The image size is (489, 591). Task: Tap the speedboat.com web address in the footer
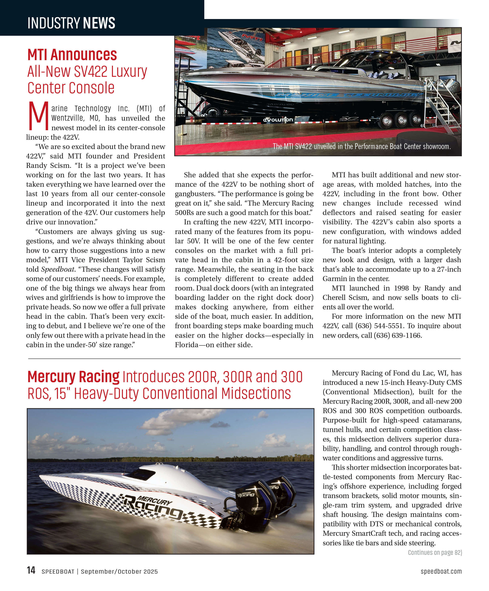(x=441, y=571)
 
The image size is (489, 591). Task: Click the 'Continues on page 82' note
(x=435, y=552)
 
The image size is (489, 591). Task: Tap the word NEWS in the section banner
(x=99, y=23)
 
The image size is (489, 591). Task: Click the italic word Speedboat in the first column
(x=58, y=269)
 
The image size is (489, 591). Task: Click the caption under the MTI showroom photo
(x=361, y=146)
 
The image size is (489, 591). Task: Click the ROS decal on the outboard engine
(x=257, y=509)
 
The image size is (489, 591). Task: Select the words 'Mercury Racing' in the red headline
(x=73, y=377)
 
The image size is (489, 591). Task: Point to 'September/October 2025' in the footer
(x=119, y=572)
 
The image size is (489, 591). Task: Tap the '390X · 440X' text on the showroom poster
(x=221, y=50)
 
